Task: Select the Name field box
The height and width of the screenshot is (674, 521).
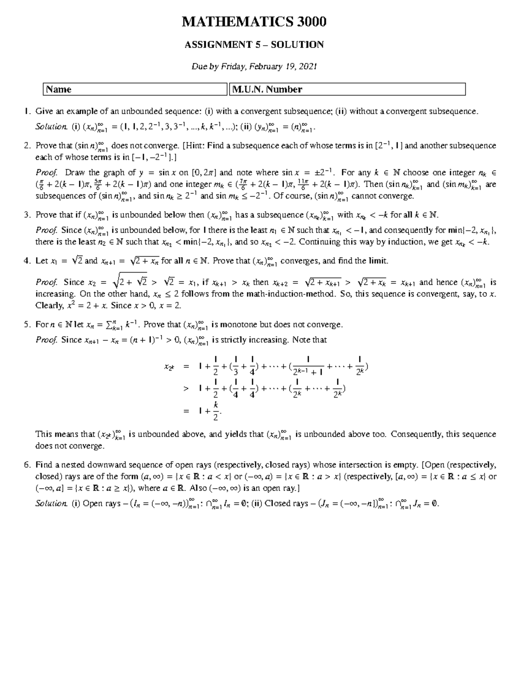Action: pos(135,89)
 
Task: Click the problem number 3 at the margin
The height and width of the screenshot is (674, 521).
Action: pos(27,215)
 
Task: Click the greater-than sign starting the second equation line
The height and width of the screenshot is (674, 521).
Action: pos(186,389)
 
